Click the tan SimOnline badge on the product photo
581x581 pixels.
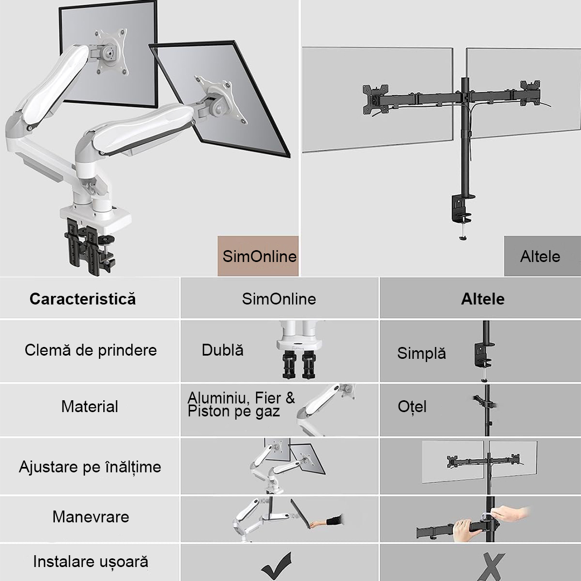coord(258,256)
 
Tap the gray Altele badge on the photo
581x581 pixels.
coord(542,256)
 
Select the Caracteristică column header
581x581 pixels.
coord(83,299)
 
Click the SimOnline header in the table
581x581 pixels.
coord(279,299)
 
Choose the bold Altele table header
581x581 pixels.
coord(483,299)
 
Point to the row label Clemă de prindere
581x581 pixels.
coord(91,350)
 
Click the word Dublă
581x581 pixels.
coord(222,350)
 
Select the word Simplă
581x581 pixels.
coord(421,353)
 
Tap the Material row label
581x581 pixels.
coord(90,407)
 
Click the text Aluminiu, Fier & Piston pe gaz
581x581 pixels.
coord(241,405)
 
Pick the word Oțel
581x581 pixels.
coord(412,407)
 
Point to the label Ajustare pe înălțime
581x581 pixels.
coord(90,467)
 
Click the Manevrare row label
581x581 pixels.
coord(91,517)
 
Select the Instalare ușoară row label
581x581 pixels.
coord(91,562)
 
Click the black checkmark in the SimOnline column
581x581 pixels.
coord(277,565)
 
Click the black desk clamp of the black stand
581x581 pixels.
coord(462,209)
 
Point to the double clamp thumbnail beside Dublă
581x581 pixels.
coord(299,350)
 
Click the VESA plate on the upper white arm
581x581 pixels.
coord(110,52)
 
